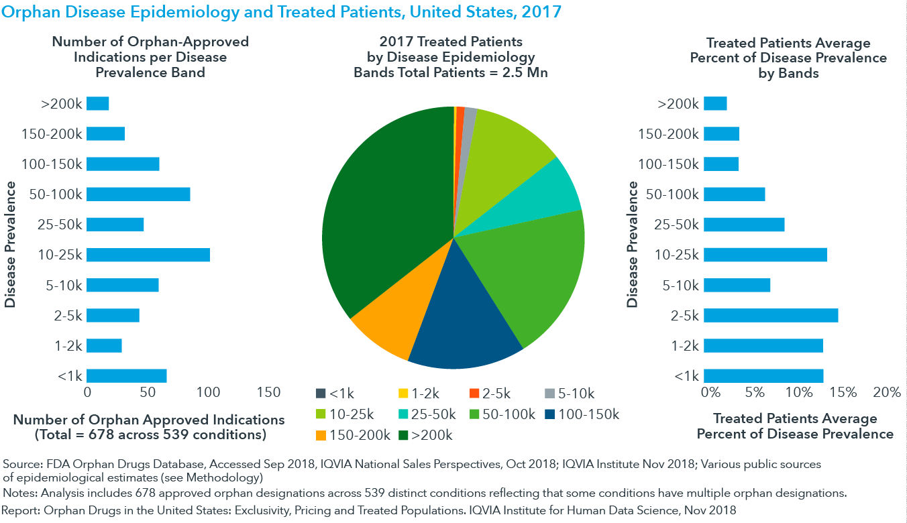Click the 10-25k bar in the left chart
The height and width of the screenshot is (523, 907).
[x=148, y=255]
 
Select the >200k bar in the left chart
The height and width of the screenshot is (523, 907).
[x=98, y=103]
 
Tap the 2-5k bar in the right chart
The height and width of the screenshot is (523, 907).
[x=771, y=315]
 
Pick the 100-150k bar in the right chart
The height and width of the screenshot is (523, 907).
[x=721, y=164]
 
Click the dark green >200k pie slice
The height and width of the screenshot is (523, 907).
[x=382, y=201]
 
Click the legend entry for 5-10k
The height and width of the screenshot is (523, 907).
[x=568, y=394]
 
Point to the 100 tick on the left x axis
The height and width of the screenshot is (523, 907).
[x=208, y=392]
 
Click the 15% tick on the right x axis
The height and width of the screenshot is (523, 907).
[x=843, y=392]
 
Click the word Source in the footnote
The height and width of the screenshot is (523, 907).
[x=21, y=464]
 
